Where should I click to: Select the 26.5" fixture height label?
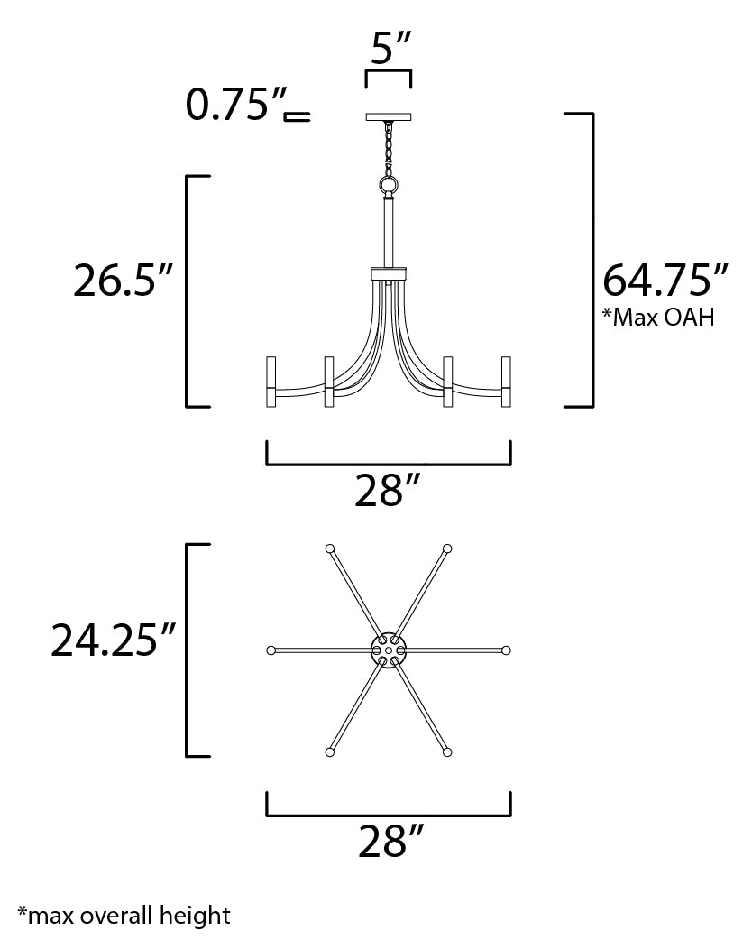[x=124, y=281]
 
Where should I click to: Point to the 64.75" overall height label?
[x=665, y=281]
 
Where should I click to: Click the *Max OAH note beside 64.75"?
[x=658, y=318]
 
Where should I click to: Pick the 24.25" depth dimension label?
[x=113, y=640]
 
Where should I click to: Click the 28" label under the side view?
[x=388, y=492]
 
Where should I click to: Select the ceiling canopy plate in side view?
[x=389, y=116]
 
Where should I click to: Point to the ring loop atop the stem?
[x=389, y=186]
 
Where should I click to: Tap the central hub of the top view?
[x=389, y=648]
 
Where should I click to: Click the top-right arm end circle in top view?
[x=447, y=548]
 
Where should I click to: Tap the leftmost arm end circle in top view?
[x=271, y=650]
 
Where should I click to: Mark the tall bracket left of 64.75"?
[x=590, y=260]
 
